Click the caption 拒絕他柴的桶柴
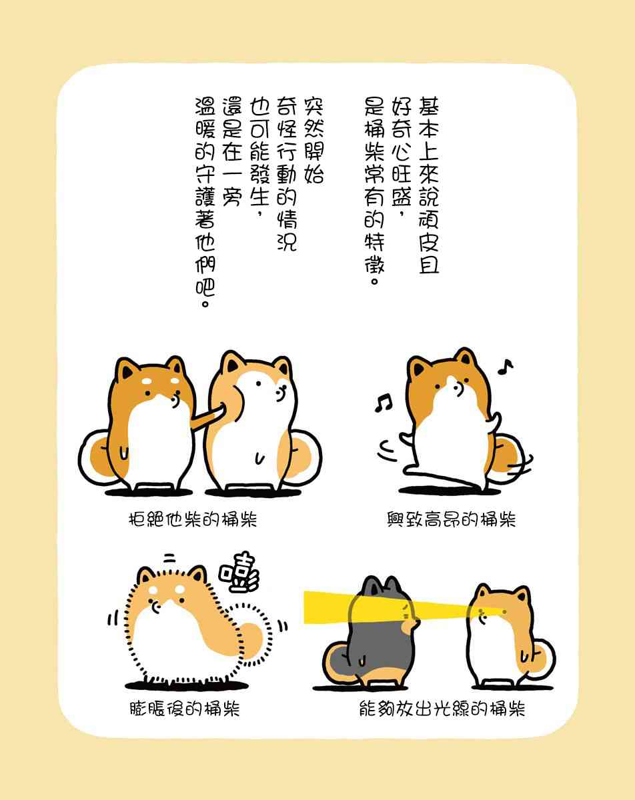click(x=193, y=519)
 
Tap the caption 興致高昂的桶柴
click(x=451, y=519)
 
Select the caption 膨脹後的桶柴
click(x=185, y=709)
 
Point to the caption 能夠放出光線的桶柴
click(x=442, y=709)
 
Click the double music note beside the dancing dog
click(x=383, y=403)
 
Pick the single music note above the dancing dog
click(x=506, y=367)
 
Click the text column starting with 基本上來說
click(x=428, y=185)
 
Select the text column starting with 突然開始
click(x=313, y=141)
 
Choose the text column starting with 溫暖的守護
click(x=205, y=202)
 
